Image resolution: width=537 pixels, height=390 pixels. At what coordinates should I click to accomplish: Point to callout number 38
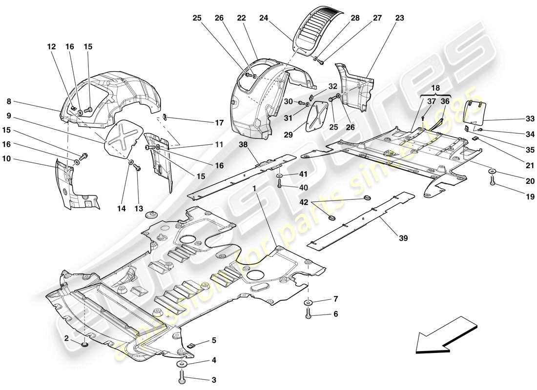click(244, 145)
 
